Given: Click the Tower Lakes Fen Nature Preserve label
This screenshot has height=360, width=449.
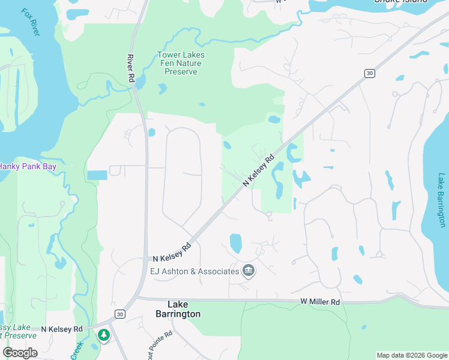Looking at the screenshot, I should (181, 63).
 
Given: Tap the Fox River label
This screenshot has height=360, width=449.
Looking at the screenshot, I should (30, 22).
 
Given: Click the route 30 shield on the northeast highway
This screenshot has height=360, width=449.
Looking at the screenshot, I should (369, 73).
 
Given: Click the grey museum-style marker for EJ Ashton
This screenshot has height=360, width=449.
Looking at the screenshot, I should (249, 272).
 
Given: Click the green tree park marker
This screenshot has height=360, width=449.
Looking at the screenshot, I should (104, 334).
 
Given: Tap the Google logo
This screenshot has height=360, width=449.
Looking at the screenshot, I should (20, 353).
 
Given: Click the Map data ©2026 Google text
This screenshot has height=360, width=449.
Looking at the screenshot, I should (411, 355).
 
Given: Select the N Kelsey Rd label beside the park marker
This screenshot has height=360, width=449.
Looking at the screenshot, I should (62, 329).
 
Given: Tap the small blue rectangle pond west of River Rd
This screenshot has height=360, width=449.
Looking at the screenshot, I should (97, 175).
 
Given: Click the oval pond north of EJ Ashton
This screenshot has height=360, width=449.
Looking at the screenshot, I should (235, 243).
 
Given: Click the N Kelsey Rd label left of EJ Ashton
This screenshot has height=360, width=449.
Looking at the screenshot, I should (172, 252).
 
